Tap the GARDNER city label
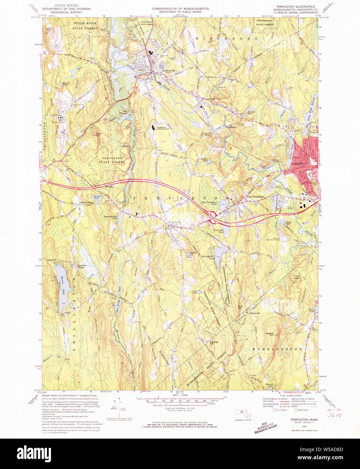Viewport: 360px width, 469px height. tap(298, 164)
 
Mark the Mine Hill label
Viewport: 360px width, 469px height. tap(240, 307)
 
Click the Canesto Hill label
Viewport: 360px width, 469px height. tap(214, 343)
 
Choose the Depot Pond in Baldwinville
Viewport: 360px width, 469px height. tap(161, 67)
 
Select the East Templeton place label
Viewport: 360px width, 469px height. tap(256, 196)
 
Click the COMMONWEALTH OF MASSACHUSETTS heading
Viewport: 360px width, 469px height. tap(180, 9)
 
